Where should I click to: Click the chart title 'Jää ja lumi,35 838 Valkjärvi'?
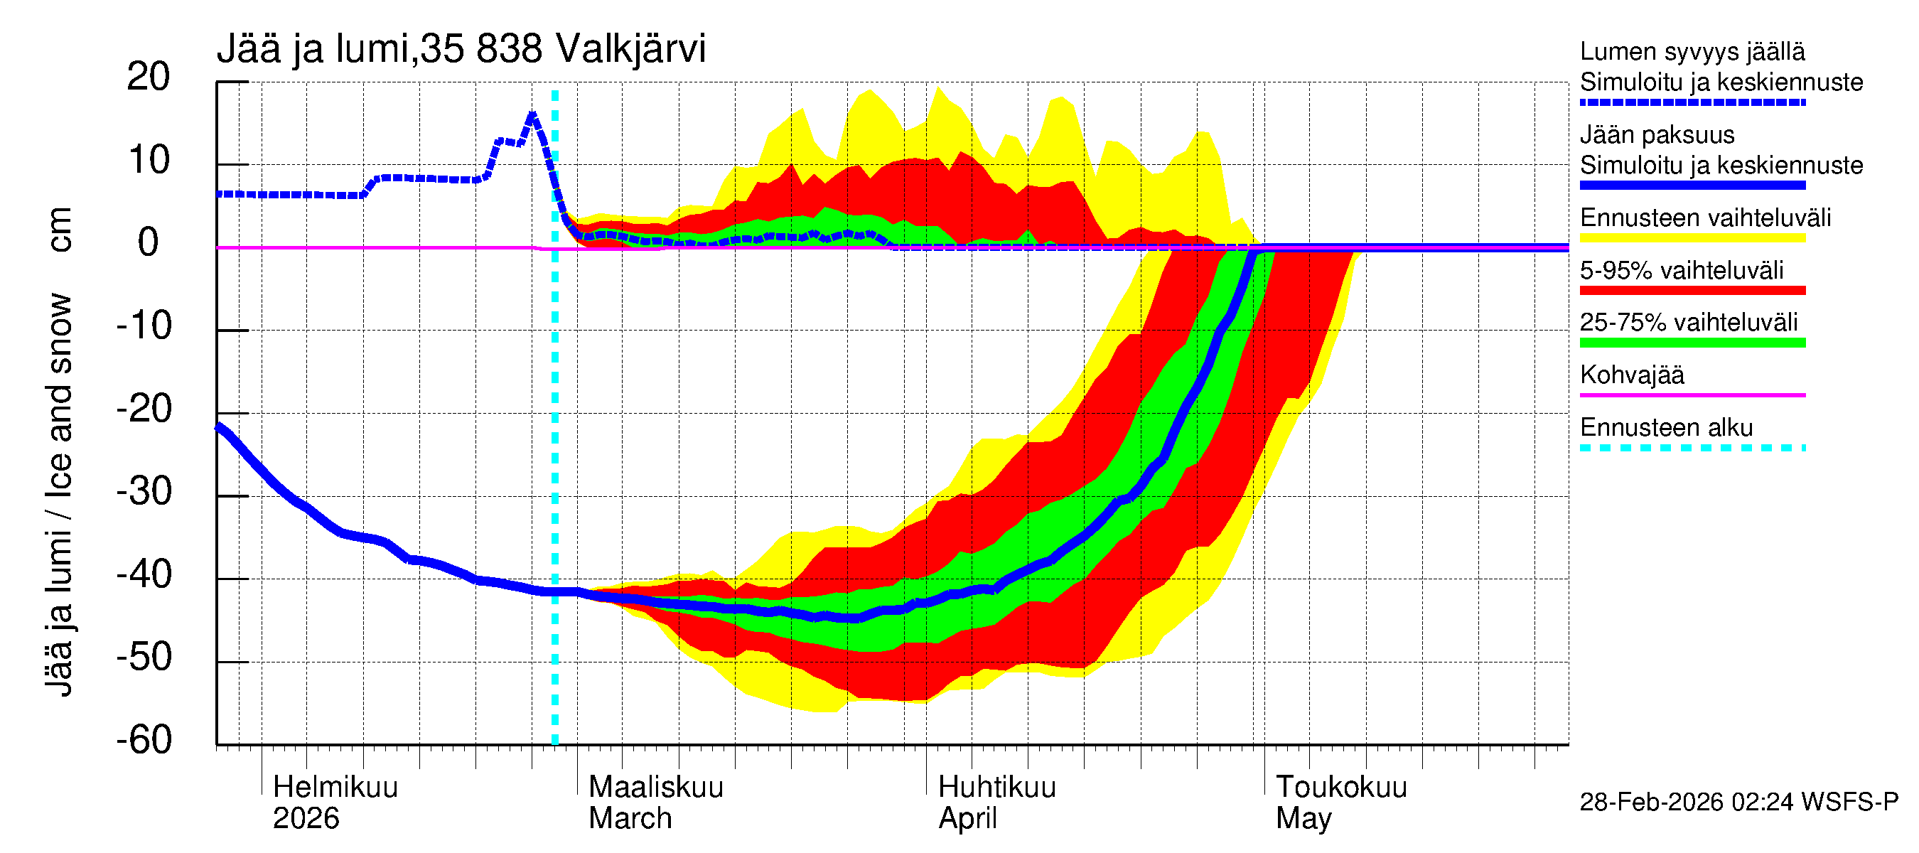(461, 49)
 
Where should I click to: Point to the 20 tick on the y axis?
(149, 77)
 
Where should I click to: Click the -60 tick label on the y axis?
(144, 740)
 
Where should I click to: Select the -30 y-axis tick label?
(144, 492)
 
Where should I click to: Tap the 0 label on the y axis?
(149, 243)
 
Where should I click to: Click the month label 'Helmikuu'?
(335, 787)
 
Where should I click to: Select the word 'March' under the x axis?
(630, 818)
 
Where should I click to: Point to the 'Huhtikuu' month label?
(996, 787)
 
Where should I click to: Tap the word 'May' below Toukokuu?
(1303, 818)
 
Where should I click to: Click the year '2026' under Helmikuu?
(306, 818)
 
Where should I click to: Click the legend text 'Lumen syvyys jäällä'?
(1692, 52)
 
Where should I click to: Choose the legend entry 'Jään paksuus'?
(1657, 135)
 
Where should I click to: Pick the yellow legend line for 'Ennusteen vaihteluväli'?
(1692, 238)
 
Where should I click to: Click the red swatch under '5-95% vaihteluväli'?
(1692, 291)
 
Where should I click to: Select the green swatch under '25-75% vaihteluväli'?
(1692, 343)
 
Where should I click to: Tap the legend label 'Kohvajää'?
(1631, 375)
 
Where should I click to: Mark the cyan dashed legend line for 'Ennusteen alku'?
(1692, 448)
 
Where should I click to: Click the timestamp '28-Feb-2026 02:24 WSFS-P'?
(1738, 802)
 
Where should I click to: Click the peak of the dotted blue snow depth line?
(532, 114)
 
